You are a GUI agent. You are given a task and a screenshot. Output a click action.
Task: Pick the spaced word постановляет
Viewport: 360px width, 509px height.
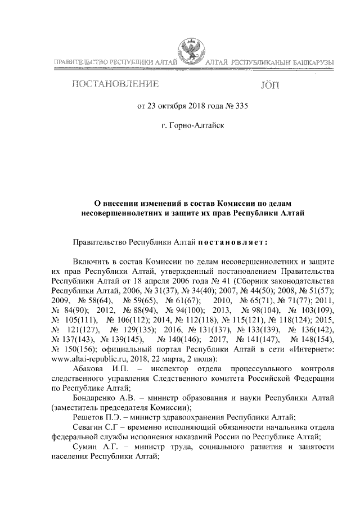tap(233, 242)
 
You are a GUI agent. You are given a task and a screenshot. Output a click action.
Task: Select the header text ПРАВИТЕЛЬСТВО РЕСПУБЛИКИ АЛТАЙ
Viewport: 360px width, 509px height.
tap(115, 60)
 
